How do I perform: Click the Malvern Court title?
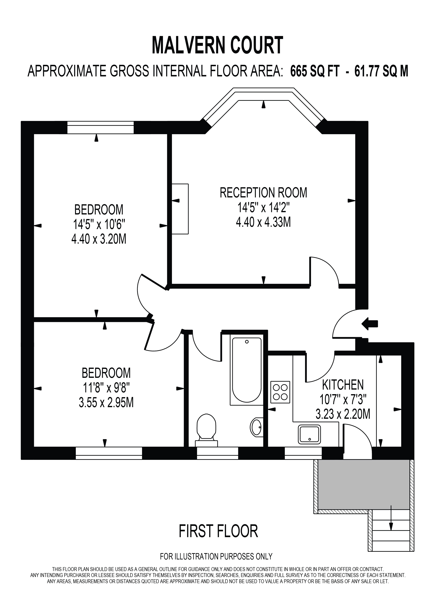point(217,45)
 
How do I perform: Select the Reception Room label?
point(263,193)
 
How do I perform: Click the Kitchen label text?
point(343,385)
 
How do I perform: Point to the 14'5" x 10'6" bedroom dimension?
point(99,224)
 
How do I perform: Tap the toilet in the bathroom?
point(206,431)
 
